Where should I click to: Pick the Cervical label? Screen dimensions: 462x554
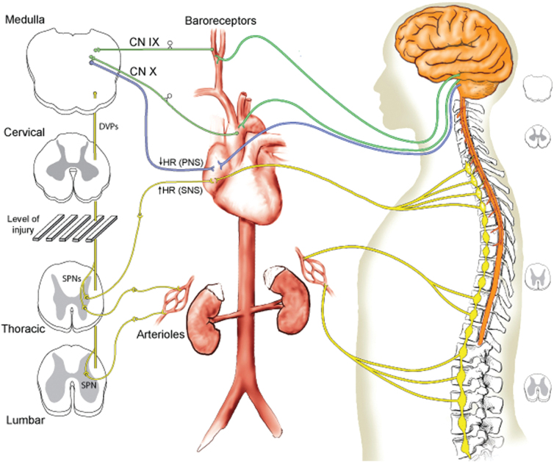coord(26,131)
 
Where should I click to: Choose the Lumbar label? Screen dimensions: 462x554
coord(24,422)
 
